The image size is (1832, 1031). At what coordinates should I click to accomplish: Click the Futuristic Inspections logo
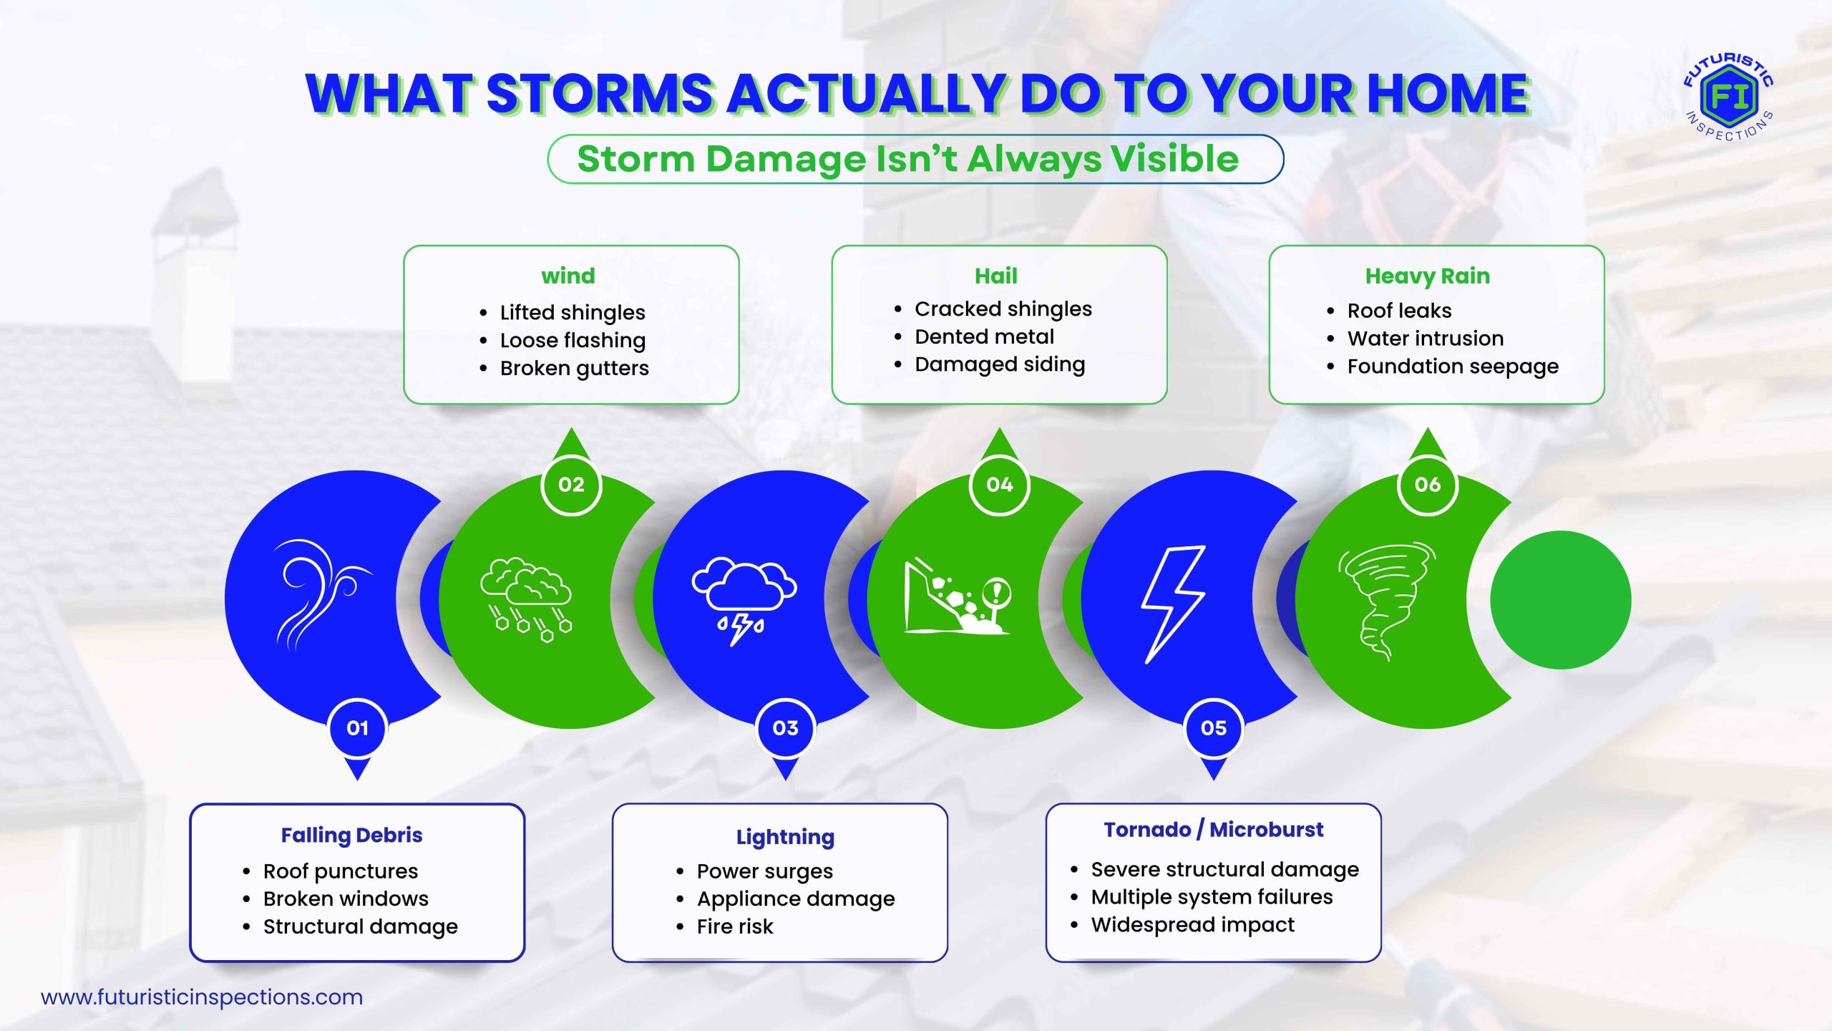pos(1728,97)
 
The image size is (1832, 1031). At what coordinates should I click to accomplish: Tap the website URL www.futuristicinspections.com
pos(202,997)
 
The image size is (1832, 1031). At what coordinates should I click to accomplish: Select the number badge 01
pos(357,728)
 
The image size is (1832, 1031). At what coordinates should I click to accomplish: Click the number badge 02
pos(571,485)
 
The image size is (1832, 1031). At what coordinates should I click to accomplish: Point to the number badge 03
pos(785,728)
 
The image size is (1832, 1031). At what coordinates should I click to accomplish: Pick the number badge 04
pos(999,485)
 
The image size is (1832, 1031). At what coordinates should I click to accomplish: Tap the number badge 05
pos(1213,728)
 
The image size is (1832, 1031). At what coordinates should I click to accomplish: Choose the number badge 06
pos(1427,485)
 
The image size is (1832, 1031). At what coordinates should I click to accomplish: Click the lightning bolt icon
pos(1171,604)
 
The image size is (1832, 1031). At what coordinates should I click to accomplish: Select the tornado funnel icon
pos(1386,601)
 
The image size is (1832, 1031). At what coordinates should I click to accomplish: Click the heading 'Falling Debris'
pos(351,835)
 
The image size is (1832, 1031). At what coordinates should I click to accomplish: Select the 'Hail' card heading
pos(995,276)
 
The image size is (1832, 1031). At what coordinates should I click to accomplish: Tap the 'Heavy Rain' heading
pos(1427,276)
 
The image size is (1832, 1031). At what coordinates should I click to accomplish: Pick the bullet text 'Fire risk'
pos(735,926)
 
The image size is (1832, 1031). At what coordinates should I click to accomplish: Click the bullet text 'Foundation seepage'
pos(1453,367)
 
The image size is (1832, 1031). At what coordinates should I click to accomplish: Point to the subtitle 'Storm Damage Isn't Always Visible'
pos(907,159)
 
